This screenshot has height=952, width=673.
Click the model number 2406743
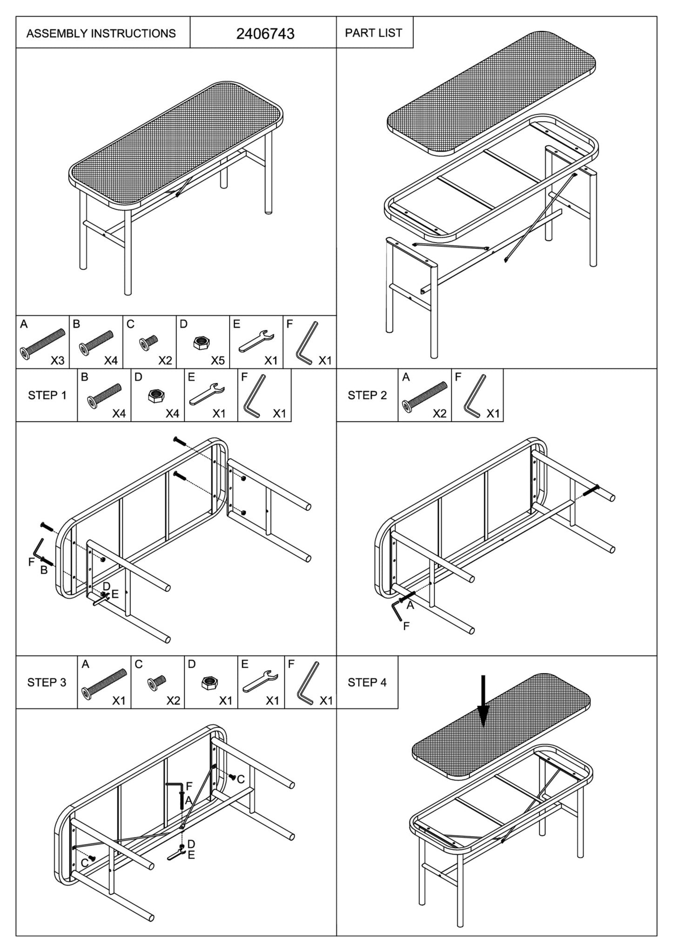(265, 34)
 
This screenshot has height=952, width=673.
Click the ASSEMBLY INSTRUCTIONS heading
(101, 34)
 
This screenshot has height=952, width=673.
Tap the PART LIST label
(374, 33)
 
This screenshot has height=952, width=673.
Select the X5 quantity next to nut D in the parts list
(218, 360)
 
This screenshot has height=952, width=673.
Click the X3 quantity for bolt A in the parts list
(57, 360)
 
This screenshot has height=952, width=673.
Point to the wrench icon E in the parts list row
(256, 342)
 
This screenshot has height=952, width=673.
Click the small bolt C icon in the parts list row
(149, 343)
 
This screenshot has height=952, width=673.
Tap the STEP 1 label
(47, 395)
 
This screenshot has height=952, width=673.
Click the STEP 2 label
(367, 395)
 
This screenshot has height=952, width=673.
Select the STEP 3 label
(47, 682)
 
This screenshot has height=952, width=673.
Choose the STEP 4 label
(367, 682)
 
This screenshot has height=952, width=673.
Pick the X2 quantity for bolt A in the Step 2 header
(439, 414)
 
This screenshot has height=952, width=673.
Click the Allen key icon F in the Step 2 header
(475, 395)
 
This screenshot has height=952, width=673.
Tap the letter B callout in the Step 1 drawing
(44, 570)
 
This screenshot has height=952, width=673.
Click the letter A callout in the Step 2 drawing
(410, 605)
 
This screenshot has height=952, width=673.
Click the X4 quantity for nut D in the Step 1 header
(172, 414)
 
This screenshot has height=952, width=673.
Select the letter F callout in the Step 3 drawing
(189, 786)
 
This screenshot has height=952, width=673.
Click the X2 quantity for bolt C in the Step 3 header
(173, 701)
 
